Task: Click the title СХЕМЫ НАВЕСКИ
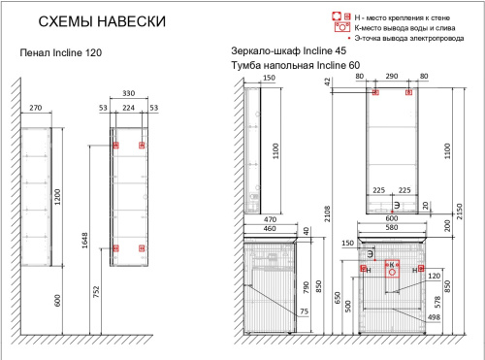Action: tap(94, 21)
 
